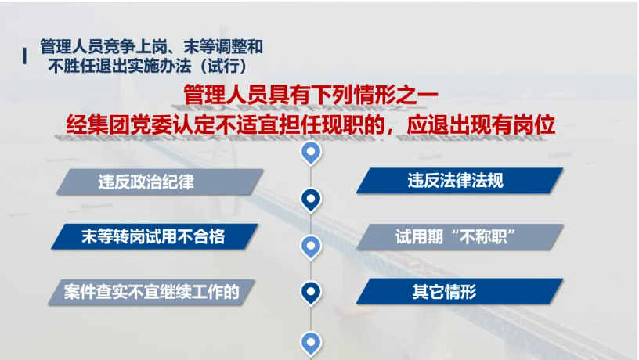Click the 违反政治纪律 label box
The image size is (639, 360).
tap(160, 182)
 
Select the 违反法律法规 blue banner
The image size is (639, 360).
tap(460, 181)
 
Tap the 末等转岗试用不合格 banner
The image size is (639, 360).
tap(154, 236)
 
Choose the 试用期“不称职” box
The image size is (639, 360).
tap(460, 236)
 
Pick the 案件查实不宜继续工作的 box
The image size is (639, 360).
tap(151, 292)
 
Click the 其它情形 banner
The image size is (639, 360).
tap(460, 291)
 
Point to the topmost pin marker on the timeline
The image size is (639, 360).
tap(311, 153)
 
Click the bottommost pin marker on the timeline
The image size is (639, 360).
tap(311, 344)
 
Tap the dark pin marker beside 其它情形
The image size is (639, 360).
tap(311, 293)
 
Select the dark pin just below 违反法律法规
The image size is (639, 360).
tap(311, 200)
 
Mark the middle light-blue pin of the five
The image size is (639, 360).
tap(311, 247)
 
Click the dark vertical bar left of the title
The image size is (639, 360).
tap(25, 56)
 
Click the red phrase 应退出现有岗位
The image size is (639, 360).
tap(481, 124)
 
